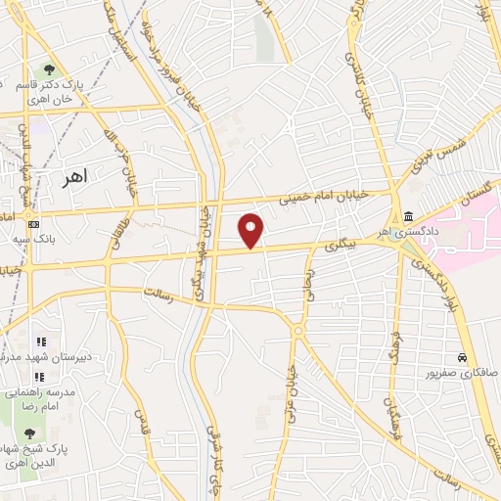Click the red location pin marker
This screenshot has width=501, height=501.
[252, 229]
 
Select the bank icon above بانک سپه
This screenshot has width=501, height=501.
[34, 224]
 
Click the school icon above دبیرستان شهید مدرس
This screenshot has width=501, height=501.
[40, 342]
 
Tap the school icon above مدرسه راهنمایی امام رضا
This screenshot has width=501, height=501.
[40, 377]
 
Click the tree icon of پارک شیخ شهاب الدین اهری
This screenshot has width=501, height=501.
[28, 432]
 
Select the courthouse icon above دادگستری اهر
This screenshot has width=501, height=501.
[406, 216]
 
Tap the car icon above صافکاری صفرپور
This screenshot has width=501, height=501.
[460, 358]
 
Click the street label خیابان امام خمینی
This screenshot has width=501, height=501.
[327, 198]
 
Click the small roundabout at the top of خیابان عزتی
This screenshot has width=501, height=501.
[297, 332]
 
